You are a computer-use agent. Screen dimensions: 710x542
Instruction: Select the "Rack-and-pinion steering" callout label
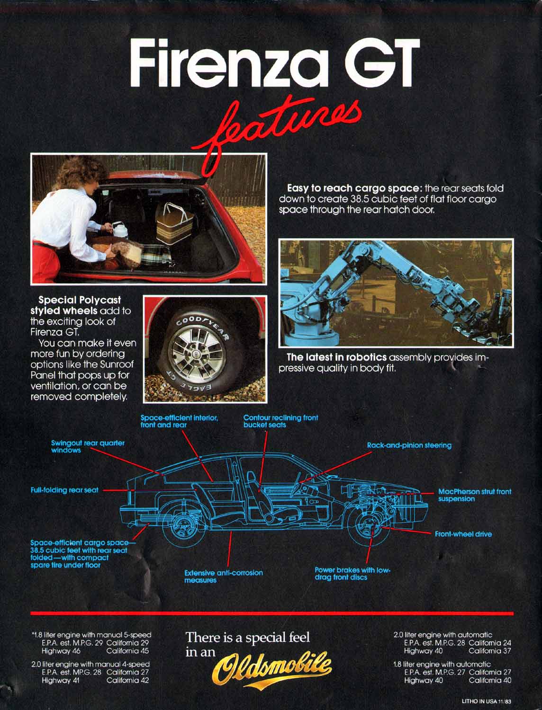tap(409, 445)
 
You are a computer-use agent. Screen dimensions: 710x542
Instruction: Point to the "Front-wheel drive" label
tap(463, 534)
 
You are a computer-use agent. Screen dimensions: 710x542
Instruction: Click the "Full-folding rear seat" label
tap(65, 490)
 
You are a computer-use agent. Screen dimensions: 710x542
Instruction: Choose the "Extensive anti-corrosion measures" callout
tap(223, 576)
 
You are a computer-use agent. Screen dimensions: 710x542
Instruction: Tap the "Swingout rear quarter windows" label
tap(88, 446)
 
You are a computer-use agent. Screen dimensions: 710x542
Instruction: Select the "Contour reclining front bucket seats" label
tap(280, 421)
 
